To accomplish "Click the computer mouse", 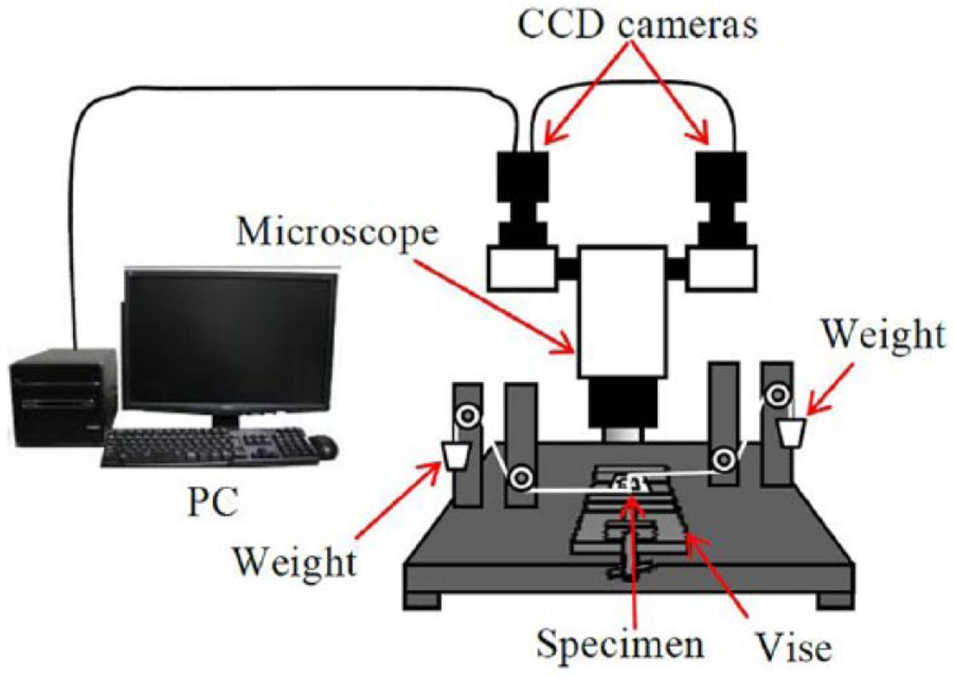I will coord(323,447).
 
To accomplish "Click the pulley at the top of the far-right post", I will coord(779,392).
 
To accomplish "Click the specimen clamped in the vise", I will coord(628,483).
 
